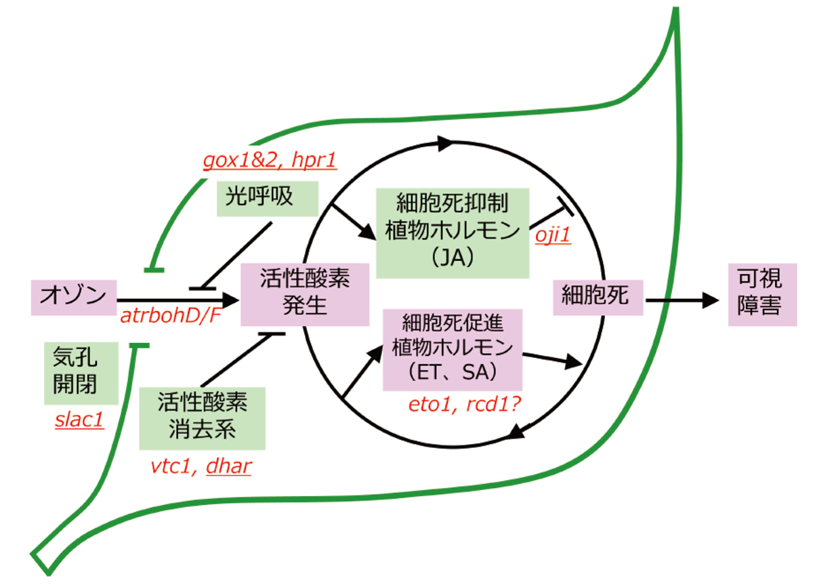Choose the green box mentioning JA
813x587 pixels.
(452, 232)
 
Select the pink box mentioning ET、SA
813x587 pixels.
(453, 349)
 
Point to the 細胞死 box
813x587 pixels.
(597, 296)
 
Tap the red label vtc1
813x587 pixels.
(170, 467)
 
